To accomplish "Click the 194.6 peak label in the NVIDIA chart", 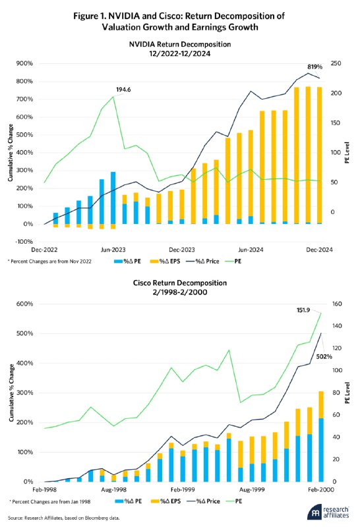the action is click(x=123, y=90).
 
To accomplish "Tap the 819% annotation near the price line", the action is click(x=315, y=67).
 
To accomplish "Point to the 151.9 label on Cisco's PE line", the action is click(x=303, y=310).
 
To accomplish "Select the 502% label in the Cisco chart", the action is click(x=324, y=356).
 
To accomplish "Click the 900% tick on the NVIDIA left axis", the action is click(x=25, y=63).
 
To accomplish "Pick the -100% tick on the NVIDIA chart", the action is click(x=24, y=242).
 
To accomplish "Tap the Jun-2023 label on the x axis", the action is click(x=113, y=250).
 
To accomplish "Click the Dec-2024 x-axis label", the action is click(x=319, y=250).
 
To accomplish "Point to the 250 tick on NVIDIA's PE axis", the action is click(x=336, y=63).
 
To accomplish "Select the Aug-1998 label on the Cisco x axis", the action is click(x=113, y=489).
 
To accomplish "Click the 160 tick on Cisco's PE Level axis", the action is click(x=337, y=304).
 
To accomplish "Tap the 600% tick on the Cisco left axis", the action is click(x=25, y=304).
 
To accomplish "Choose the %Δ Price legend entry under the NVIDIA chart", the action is click(x=202, y=261).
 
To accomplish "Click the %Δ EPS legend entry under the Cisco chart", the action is click(x=165, y=501).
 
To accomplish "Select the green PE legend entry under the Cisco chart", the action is click(x=233, y=501).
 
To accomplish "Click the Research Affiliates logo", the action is click(x=328, y=512).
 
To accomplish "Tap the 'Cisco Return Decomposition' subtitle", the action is click(x=179, y=283).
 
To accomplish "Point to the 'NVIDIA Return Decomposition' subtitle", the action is click(x=180, y=44).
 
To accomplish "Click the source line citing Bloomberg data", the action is click(x=63, y=518).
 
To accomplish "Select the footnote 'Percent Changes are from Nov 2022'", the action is click(x=49, y=262).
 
